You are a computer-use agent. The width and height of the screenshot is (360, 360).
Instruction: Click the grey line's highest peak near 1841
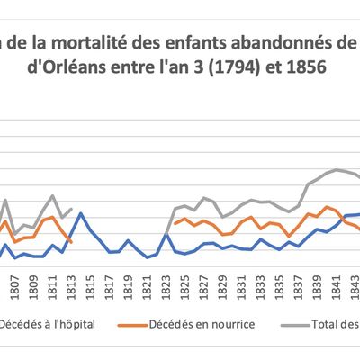[x=337, y=169]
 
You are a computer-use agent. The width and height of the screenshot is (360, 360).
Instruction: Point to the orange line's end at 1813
[x=71, y=241]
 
